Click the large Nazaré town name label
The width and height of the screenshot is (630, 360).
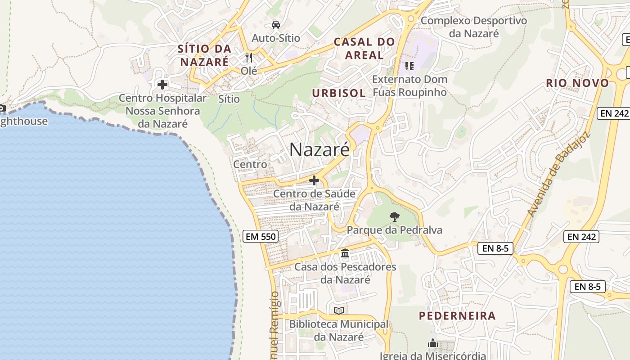(x=319, y=149)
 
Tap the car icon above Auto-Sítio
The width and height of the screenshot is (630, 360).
(x=275, y=24)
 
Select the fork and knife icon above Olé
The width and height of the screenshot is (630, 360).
(x=249, y=57)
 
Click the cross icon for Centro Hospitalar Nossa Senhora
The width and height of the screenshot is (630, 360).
(x=162, y=84)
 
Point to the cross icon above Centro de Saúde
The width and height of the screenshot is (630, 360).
(x=314, y=180)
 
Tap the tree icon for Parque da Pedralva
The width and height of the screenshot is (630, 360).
(x=394, y=216)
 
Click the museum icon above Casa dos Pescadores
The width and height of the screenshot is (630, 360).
(x=345, y=253)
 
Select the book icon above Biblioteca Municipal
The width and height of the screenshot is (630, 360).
(x=339, y=310)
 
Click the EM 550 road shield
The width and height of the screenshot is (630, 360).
(x=261, y=236)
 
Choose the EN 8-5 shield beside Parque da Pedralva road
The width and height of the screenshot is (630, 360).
(x=495, y=248)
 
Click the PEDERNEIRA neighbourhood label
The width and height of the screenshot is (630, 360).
(x=457, y=315)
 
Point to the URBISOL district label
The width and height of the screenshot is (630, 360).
(x=339, y=93)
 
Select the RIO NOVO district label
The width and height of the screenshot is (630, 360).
(x=577, y=83)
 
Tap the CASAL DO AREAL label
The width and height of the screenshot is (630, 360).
(x=364, y=49)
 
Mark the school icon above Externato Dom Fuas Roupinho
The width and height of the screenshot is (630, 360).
(x=409, y=66)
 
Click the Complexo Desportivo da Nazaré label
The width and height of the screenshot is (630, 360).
(x=474, y=27)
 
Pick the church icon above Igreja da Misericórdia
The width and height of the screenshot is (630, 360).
(x=433, y=343)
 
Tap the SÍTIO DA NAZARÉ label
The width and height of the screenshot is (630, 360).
(x=204, y=55)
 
